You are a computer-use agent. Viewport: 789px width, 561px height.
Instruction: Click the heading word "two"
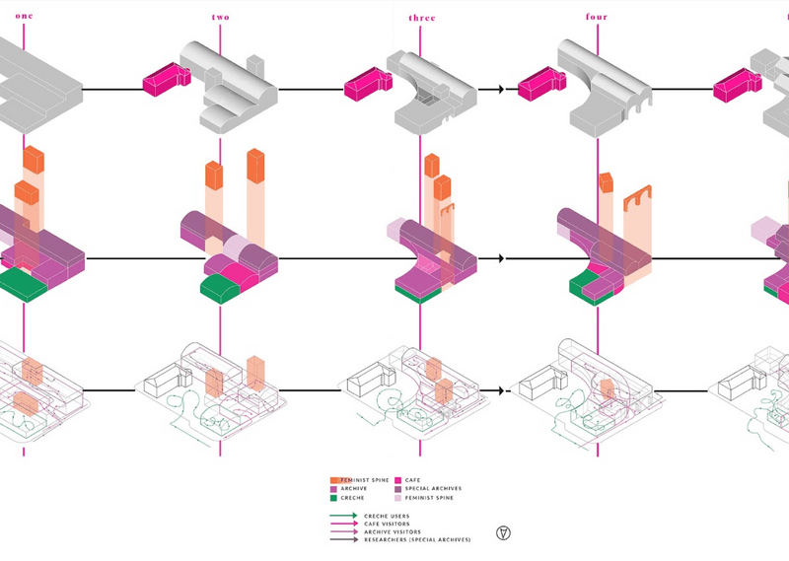coord(221,18)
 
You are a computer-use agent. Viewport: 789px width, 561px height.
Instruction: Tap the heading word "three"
coord(422,18)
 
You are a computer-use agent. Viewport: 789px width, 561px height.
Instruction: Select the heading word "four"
coord(596,17)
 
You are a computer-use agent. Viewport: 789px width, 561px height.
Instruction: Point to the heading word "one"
coord(24,17)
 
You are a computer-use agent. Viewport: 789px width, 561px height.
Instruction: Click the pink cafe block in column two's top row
coord(165,80)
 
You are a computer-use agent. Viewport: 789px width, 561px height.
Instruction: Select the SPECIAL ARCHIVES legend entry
coord(433,489)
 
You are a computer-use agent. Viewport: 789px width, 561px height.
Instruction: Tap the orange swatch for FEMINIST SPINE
coord(334,480)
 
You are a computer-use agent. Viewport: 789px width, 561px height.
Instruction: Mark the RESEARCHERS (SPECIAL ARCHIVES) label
coord(416,540)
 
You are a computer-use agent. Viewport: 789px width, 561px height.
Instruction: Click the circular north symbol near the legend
coord(504,533)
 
